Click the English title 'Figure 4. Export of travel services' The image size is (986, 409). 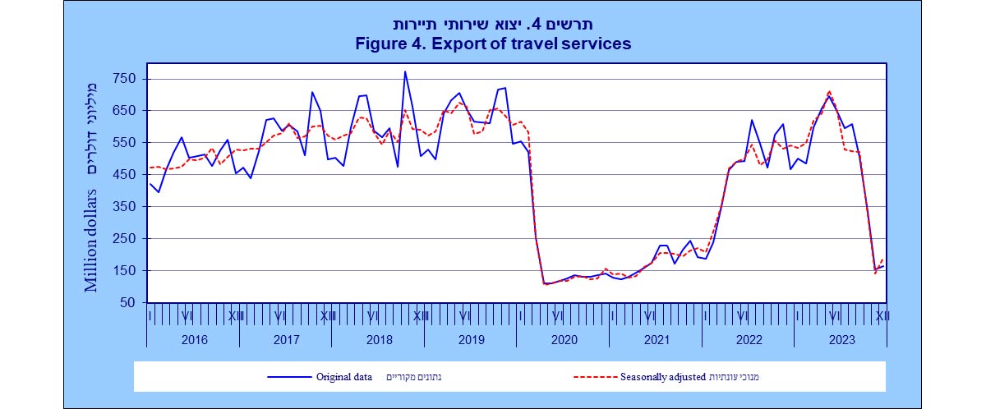pos(493,44)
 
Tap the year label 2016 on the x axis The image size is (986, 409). pos(193,339)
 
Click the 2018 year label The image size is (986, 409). pos(379,339)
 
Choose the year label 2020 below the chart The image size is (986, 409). pos(564,339)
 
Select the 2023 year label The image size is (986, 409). pos(841,339)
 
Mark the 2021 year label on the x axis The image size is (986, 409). pos(656,339)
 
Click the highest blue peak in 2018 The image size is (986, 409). pos(404,71)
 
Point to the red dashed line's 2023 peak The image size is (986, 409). pos(829,91)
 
